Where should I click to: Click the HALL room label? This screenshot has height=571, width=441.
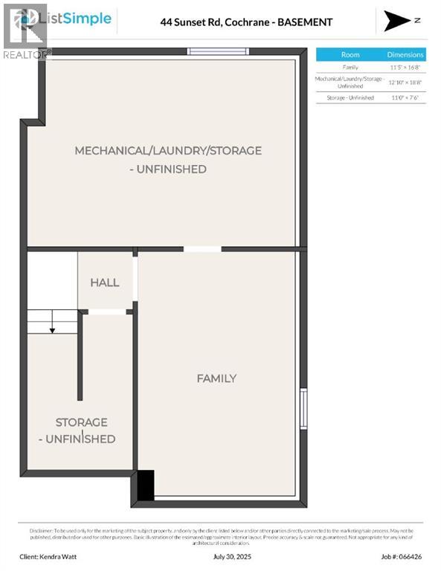pos(104,283)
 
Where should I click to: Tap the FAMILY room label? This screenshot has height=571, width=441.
pos(216,378)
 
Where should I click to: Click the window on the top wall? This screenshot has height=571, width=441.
pos(217,51)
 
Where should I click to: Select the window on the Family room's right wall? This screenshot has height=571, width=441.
pos(303,408)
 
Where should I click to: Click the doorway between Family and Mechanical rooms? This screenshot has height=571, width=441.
pos(202,248)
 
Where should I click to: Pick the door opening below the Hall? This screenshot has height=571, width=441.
pos(107,312)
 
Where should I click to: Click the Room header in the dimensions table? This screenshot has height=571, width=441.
pos(350,54)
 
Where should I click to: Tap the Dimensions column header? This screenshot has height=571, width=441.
pos(405,54)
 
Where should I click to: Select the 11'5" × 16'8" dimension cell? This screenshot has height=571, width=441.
pos(405,68)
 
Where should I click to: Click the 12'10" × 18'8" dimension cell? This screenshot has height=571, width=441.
pos(405,82)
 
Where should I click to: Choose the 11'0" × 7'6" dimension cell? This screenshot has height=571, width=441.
pos(405,97)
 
